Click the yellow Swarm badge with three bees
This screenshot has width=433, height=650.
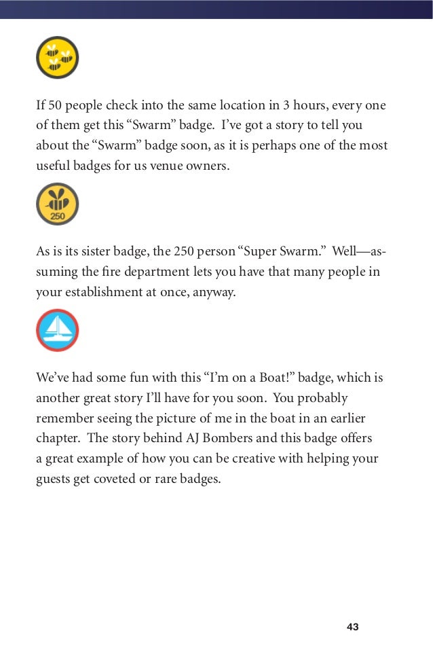coord(58,57)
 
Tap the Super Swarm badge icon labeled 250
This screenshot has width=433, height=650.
coord(58,204)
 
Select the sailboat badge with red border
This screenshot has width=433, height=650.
coord(58,330)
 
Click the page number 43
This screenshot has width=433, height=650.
coord(352,626)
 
